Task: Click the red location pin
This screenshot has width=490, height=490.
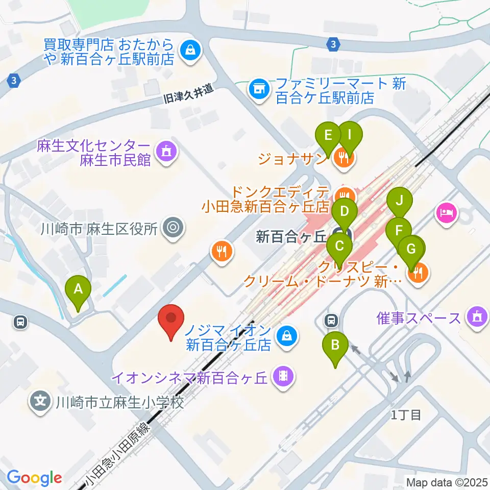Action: [x=171, y=321]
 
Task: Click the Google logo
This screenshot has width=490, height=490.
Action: [x=34, y=478]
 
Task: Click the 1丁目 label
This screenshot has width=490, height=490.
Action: [x=406, y=414]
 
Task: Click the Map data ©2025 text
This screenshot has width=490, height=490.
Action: [x=446, y=482]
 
